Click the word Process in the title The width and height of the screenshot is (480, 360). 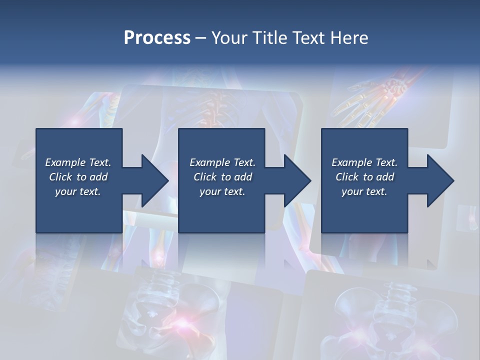coord(157,38)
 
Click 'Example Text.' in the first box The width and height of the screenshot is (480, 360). coord(78,162)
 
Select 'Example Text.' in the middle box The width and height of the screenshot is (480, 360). coord(222,162)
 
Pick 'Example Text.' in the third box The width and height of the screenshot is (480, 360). coord(364,162)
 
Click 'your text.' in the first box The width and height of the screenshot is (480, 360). coord(78,191)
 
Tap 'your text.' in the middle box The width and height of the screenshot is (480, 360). coord(222,191)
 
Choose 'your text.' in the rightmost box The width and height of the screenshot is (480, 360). coord(364,191)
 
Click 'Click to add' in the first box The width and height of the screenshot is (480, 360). coord(78,177)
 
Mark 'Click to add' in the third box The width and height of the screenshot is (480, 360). coord(364,177)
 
